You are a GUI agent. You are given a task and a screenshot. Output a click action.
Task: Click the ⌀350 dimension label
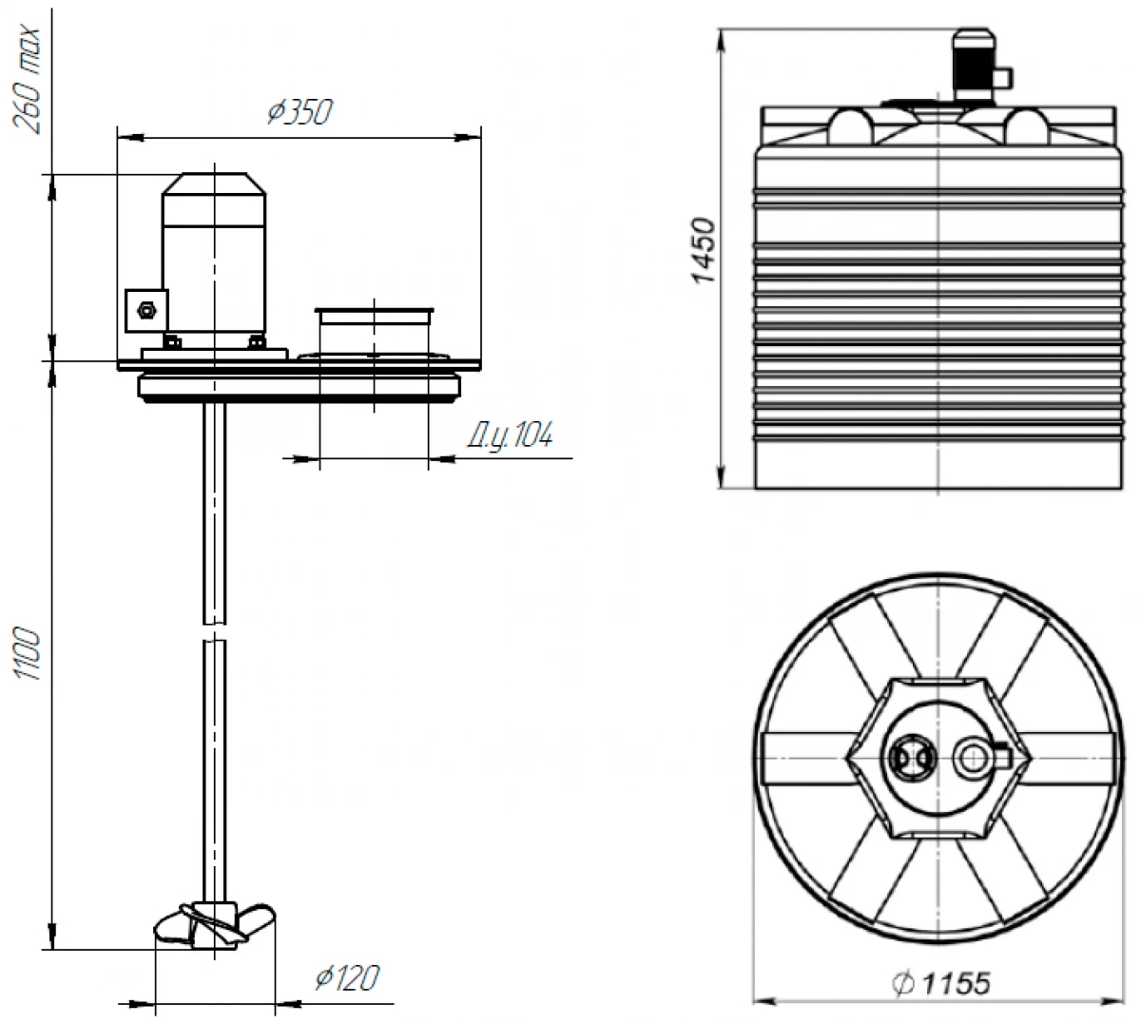(x=300, y=112)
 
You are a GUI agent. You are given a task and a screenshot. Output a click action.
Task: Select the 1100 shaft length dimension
(x=29, y=654)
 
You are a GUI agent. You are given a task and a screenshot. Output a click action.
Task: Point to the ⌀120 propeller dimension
(x=346, y=977)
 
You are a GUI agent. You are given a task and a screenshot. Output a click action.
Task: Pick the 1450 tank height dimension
(x=703, y=251)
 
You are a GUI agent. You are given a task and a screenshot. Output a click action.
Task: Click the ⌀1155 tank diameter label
(x=940, y=982)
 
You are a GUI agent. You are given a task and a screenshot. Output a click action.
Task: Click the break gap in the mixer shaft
(x=215, y=632)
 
